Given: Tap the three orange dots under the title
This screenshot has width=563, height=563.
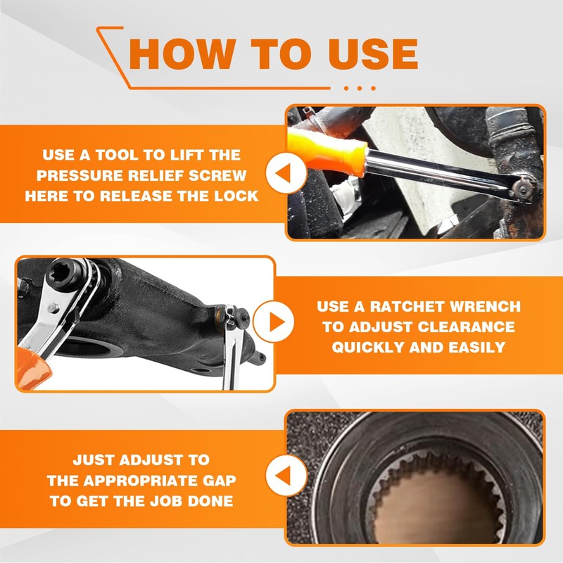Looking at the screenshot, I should pos(361,88).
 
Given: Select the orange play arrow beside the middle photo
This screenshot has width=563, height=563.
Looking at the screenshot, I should pos(274,323).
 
